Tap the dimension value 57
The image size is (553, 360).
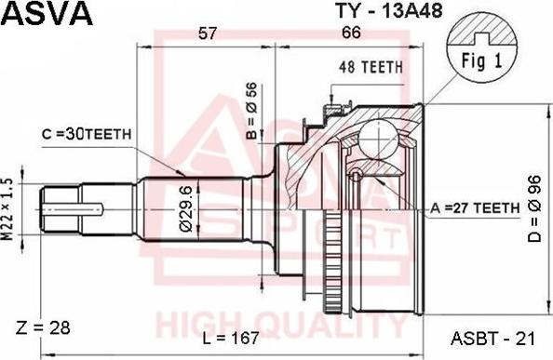(x=208, y=33)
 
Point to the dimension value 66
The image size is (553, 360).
(x=350, y=33)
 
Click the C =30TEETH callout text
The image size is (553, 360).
(x=87, y=134)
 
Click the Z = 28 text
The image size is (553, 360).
(x=42, y=327)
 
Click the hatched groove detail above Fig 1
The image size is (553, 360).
(x=481, y=37)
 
